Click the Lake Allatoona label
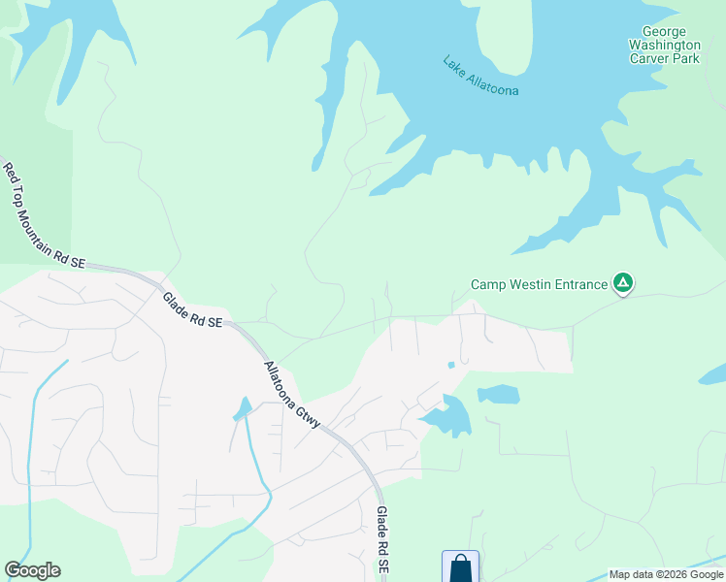tap(480, 76)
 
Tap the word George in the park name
tap(664, 32)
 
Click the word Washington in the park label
tap(664, 46)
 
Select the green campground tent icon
tap(623, 284)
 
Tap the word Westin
tap(524, 284)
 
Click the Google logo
tap(32, 570)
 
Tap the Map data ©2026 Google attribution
tap(666, 574)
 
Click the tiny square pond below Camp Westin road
tap(450, 365)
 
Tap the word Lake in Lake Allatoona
tap(453, 64)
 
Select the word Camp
tap(489, 284)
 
